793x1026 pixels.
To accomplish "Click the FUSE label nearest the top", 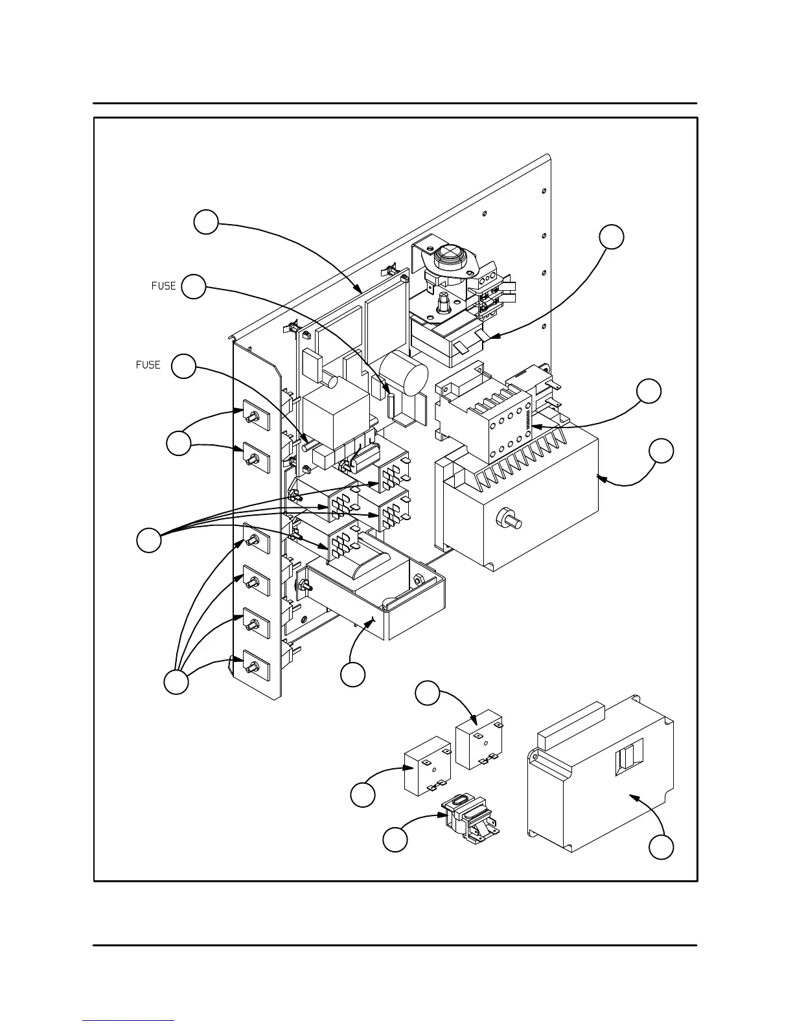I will (x=164, y=286).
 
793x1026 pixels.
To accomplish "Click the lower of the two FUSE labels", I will (x=148, y=365).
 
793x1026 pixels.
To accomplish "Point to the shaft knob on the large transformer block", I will (x=508, y=519).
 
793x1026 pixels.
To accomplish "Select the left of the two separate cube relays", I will (x=428, y=766).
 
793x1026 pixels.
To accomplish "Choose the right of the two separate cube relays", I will (x=479, y=738).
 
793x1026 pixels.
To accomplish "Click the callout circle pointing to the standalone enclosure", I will (x=661, y=847).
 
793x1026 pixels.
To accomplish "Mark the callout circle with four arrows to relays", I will (x=149, y=540).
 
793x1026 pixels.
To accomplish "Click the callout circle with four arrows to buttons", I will (x=176, y=682).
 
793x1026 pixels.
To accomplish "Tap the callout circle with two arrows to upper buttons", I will (x=178, y=444).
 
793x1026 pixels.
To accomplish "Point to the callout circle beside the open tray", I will (x=353, y=675).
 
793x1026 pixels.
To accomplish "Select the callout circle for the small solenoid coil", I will (x=395, y=840).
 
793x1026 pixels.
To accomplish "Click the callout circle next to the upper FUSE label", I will (x=194, y=286).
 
